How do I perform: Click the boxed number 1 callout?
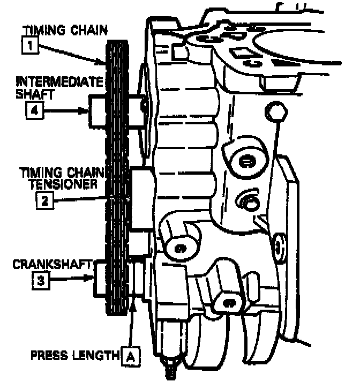pyautogui.click(x=29, y=46)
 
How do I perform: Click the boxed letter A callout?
pyautogui.click(x=129, y=355)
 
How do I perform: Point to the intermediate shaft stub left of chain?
pyautogui.click(x=98, y=111)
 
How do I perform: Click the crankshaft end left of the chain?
pyautogui.click(x=102, y=279)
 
